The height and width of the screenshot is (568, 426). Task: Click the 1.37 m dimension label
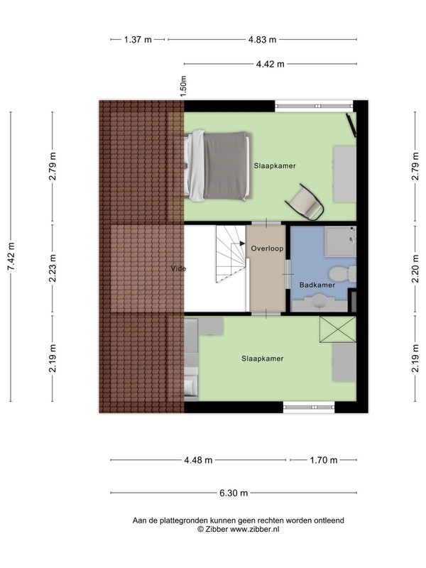tap(138, 40)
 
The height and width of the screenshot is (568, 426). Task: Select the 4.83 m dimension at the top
tap(262, 40)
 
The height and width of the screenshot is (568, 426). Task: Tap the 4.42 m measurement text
tap(271, 64)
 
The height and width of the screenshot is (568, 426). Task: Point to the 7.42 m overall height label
tap(11, 256)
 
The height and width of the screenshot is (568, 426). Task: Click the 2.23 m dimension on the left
tap(53, 268)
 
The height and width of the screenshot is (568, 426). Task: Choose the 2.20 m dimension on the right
tap(415, 268)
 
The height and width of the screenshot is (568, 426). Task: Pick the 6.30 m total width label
tap(234, 493)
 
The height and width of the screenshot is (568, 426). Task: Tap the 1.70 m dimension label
tap(324, 460)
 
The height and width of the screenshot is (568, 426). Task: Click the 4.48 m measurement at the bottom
tap(198, 460)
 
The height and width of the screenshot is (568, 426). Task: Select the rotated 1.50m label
tap(183, 86)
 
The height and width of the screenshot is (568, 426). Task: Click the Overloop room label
tap(268, 248)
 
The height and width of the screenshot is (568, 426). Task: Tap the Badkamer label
tap(317, 285)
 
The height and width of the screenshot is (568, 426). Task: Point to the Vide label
tap(179, 268)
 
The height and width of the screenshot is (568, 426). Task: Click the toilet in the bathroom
tap(342, 273)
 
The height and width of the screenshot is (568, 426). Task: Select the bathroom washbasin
tap(319, 302)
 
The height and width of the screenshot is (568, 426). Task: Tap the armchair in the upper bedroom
tap(305, 203)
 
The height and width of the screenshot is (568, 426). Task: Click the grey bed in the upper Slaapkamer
tap(217, 166)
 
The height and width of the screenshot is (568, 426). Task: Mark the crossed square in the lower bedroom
tap(338, 329)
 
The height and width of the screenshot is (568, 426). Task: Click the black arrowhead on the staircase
tap(242, 244)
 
